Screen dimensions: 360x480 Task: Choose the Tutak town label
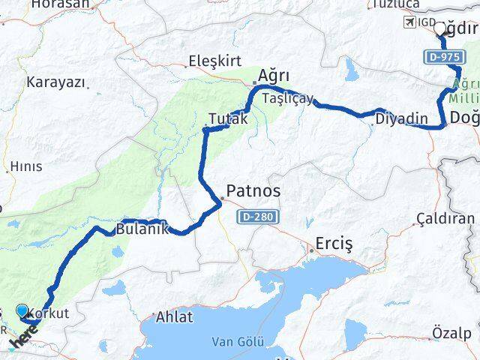(228, 118)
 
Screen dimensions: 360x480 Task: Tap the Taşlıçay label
(288, 98)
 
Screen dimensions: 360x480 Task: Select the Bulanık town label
(142, 229)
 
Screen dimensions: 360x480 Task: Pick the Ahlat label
(174, 317)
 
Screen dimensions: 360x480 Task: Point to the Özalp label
(452, 332)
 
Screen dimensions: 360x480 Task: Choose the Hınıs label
(26, 166)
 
